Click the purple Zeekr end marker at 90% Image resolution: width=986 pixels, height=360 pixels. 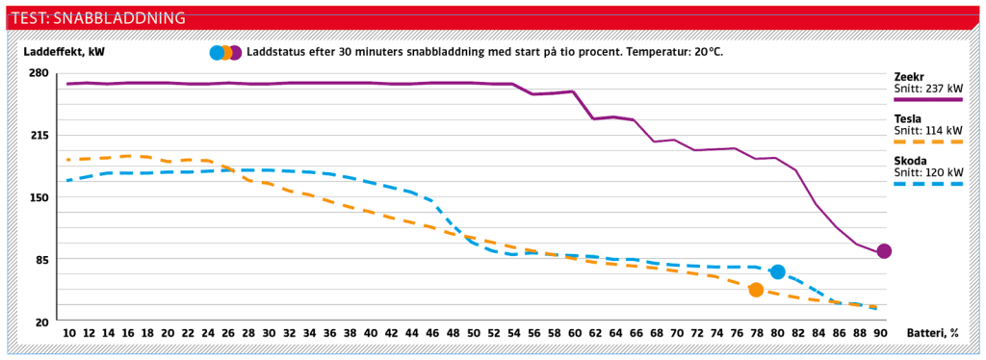pos(884,251)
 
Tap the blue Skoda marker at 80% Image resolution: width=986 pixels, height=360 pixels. pos(778,272)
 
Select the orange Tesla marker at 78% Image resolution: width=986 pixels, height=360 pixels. pos(757,290)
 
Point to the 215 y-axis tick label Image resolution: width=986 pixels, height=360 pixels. pos(39,136)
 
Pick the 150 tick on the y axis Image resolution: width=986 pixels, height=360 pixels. pos(39,197)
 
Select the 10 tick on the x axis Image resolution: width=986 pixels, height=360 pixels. pos(68,333)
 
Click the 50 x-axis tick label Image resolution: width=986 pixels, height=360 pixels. pos(473,333)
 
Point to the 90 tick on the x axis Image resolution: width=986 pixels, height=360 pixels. pos(879,333)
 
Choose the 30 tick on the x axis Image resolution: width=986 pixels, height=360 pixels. pos(271,333)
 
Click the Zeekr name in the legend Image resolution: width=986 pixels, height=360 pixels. pos(910,75)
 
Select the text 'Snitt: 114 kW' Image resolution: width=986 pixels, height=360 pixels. pos(928,130)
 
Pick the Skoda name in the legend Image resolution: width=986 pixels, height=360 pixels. pos(910,160)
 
